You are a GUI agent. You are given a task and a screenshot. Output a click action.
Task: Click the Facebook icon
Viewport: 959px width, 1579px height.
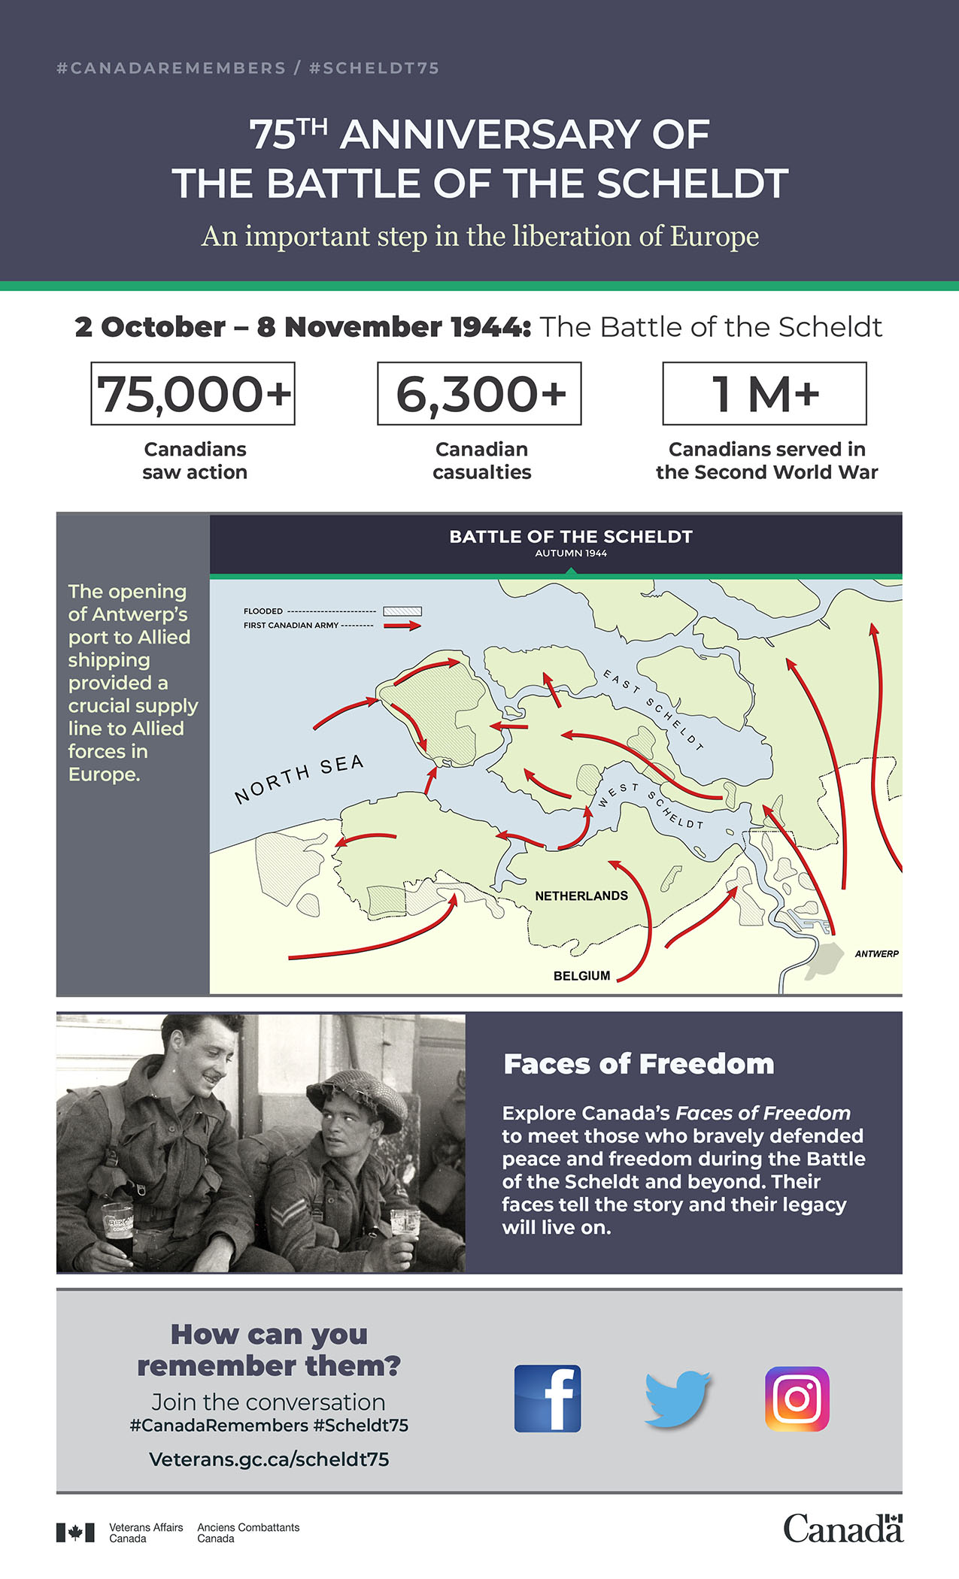coord(547,1399)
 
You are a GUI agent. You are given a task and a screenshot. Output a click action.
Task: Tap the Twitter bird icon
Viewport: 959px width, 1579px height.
coord(677,1399)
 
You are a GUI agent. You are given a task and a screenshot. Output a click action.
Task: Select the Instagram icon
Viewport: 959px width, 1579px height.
coord(797,1399)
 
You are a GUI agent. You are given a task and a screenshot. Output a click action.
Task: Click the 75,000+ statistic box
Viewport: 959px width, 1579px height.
coord(193,393)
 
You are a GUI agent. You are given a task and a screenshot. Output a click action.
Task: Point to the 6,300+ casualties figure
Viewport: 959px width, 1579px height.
coord(480,393)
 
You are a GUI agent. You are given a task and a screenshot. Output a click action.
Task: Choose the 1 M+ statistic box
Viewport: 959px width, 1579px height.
coord(765,393)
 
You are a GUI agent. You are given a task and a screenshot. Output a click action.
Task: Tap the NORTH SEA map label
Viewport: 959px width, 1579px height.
coord(299,779)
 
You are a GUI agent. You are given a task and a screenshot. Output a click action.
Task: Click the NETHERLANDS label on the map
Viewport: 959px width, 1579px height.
coord(581,896)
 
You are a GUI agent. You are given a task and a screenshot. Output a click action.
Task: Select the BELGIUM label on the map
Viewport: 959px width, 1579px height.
coord(581,975)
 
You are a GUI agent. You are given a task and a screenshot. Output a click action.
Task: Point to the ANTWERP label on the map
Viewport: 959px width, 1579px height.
coord(876,953)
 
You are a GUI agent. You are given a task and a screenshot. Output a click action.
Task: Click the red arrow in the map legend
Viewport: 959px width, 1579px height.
coord(403,625)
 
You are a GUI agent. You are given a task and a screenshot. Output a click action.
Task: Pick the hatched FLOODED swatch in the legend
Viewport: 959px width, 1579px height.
coord(402,611)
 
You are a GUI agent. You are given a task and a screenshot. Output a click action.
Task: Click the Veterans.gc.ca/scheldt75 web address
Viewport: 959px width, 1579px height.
coord(269,1459)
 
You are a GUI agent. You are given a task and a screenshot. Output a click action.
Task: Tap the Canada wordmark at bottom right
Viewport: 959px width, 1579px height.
coord(842,1529)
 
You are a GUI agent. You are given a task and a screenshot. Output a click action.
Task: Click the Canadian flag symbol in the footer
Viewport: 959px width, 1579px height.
coord(75,1532)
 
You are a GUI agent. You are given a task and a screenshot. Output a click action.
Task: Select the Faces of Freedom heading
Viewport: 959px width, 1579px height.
coord(639,1064)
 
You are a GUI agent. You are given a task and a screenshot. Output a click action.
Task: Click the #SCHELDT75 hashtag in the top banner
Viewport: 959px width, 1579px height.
coord(374,68)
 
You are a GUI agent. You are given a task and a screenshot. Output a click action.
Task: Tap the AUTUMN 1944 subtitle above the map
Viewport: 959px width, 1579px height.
coord(571,553)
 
